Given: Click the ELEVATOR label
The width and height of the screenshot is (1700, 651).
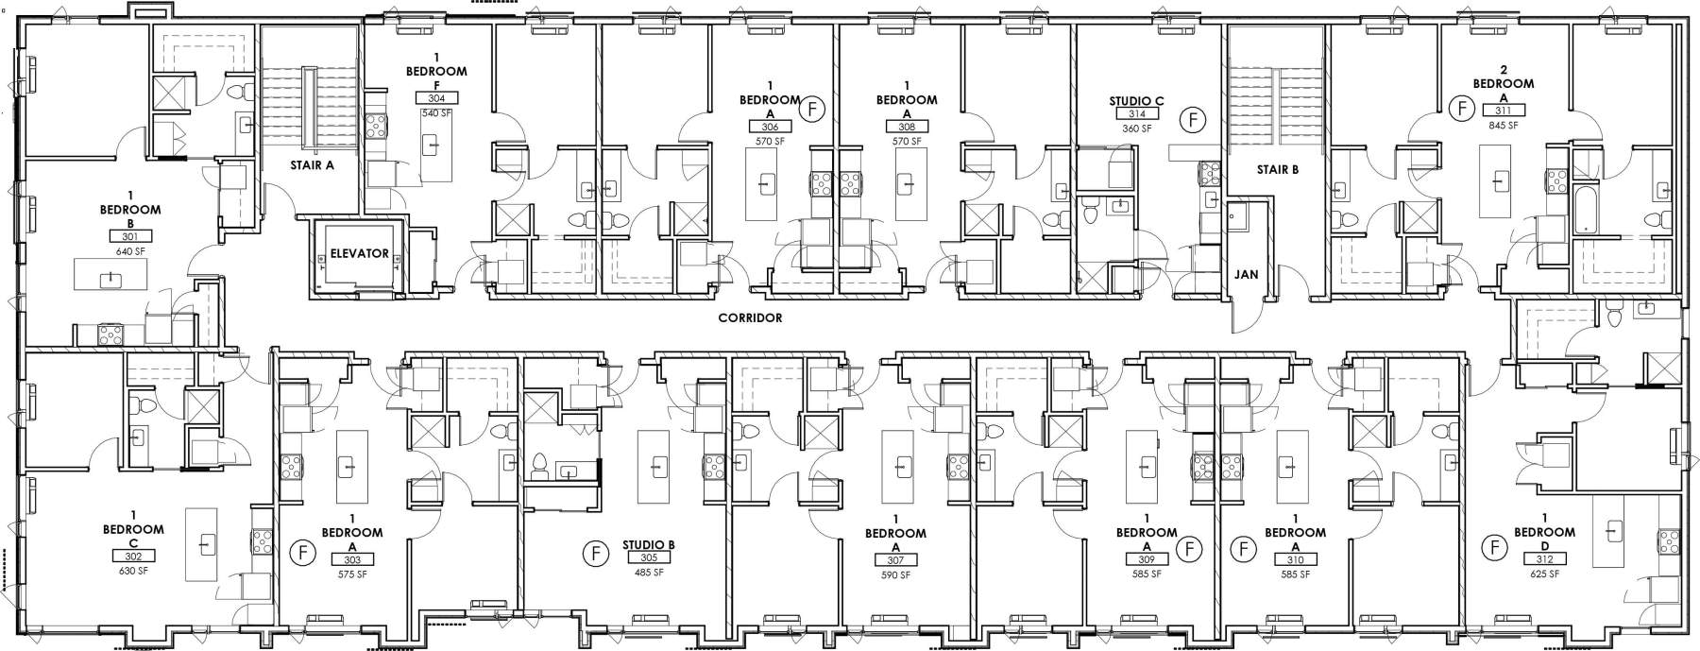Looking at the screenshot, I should (x=359, y=253).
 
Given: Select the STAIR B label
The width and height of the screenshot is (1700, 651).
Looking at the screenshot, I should (x=1278, y=170).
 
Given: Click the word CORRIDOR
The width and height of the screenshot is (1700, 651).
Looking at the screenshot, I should (x=750, y=318).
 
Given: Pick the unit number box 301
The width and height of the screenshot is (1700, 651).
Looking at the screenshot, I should (x=130, y=236).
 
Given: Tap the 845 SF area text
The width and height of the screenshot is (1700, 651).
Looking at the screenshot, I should (x=1503, y=125).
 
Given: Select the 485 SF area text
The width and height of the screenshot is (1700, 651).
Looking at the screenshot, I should (x=648, y=573).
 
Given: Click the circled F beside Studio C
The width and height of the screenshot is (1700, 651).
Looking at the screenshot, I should (x=1195, y=120).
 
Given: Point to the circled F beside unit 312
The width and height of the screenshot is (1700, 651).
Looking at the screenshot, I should (x=1494, y=546).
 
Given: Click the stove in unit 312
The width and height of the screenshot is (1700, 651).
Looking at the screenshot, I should (x=1668, y=541).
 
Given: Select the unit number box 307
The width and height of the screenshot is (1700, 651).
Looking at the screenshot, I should (x=895, y=560).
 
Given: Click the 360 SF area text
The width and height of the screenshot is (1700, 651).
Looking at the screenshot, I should (x=1137, y=128).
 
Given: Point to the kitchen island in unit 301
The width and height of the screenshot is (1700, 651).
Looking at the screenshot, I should (x=111, y=277).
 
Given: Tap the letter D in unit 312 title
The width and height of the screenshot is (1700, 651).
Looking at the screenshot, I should (x=1544, y=545).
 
